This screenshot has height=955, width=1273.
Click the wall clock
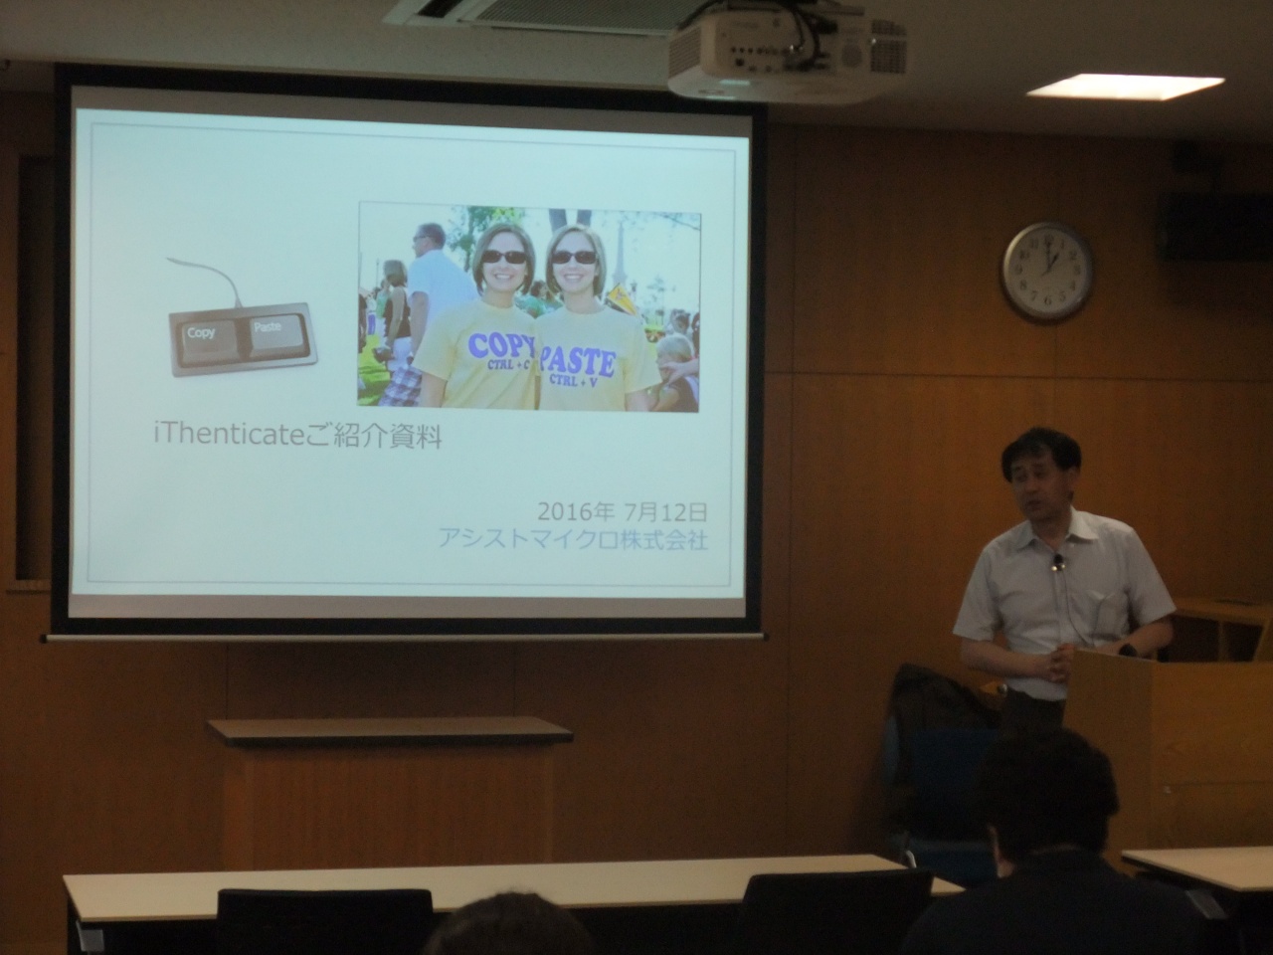click(x=1047, y=272)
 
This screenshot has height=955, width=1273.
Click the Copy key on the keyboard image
click(x=204, y=341)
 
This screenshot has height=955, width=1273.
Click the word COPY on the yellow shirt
click(x=500, y=344)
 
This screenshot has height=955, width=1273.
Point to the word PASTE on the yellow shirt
click(x=577, y=360)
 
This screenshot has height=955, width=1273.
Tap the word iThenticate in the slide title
click(x=229, y=435)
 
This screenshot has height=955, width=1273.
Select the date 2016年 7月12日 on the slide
click(x=623, y=512)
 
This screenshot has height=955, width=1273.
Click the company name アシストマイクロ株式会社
click(x=573, y=540)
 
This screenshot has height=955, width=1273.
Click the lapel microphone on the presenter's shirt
click(x=1059, y=560)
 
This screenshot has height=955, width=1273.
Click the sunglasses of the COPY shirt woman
click(x=503, y=256)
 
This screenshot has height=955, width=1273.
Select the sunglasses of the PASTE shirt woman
click(x=573, y=256)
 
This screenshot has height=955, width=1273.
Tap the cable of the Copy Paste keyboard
click(x=209, y=280)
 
